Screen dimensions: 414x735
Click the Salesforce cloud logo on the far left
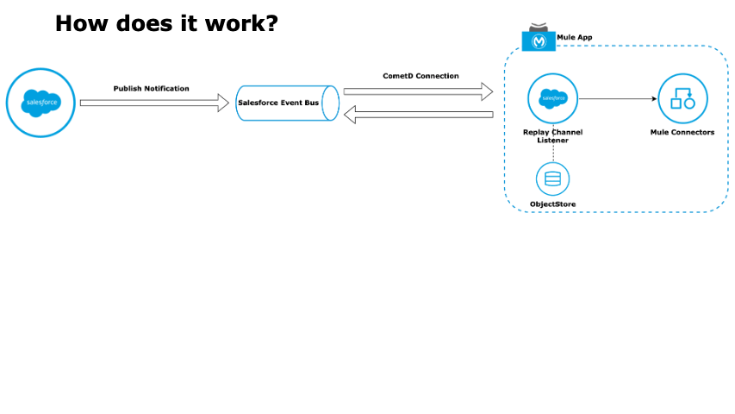pos(40,103)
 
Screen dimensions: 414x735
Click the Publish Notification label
pos(152,89)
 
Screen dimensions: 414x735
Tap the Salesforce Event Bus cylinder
pos(287,103)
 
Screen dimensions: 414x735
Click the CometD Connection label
pos(420,76)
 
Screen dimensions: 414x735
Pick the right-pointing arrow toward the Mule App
pos(418,91)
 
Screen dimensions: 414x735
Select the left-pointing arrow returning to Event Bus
pos(418,114)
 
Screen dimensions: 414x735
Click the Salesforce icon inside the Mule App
pos(552,99)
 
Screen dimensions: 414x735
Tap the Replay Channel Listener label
pos(552,135)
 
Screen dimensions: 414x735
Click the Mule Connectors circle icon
pos(683,99)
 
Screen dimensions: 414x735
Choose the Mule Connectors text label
pos(682,132)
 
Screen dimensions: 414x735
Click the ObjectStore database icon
pos(552,179)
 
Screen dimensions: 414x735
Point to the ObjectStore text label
pos(552,204)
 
